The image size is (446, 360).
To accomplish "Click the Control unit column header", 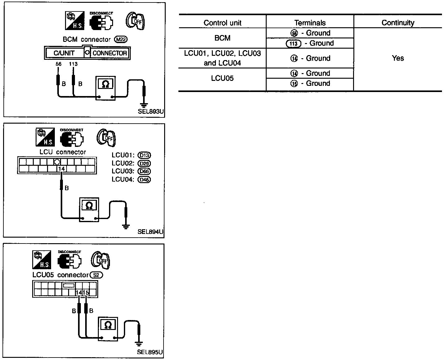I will point(222,23).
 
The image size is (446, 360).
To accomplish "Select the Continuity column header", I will point(398,23).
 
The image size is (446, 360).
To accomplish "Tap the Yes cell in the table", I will point(398,58).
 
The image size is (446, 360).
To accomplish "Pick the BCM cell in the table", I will point(222,38).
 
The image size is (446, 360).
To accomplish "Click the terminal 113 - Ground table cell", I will point(310,43).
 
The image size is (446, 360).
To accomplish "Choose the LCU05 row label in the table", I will point(222,78).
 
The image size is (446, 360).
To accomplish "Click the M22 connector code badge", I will point(121,40).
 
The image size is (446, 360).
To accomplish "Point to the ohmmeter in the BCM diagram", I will point(105,89).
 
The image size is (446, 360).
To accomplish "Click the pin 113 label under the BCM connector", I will point(73,64).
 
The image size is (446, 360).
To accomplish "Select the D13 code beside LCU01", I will point(145,155).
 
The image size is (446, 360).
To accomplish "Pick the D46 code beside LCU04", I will point(145,179).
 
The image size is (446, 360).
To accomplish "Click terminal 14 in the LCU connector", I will point(62,169).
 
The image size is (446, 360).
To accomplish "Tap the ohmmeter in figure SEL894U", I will point(89,209).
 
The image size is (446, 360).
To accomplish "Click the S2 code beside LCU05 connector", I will point(96,275).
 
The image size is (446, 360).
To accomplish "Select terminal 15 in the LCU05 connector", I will point(86,292).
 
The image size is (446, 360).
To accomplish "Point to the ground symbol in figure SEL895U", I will point(139,343).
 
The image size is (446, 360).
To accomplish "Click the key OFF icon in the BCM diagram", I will point(135,21).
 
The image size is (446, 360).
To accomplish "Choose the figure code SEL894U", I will point(151,231).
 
